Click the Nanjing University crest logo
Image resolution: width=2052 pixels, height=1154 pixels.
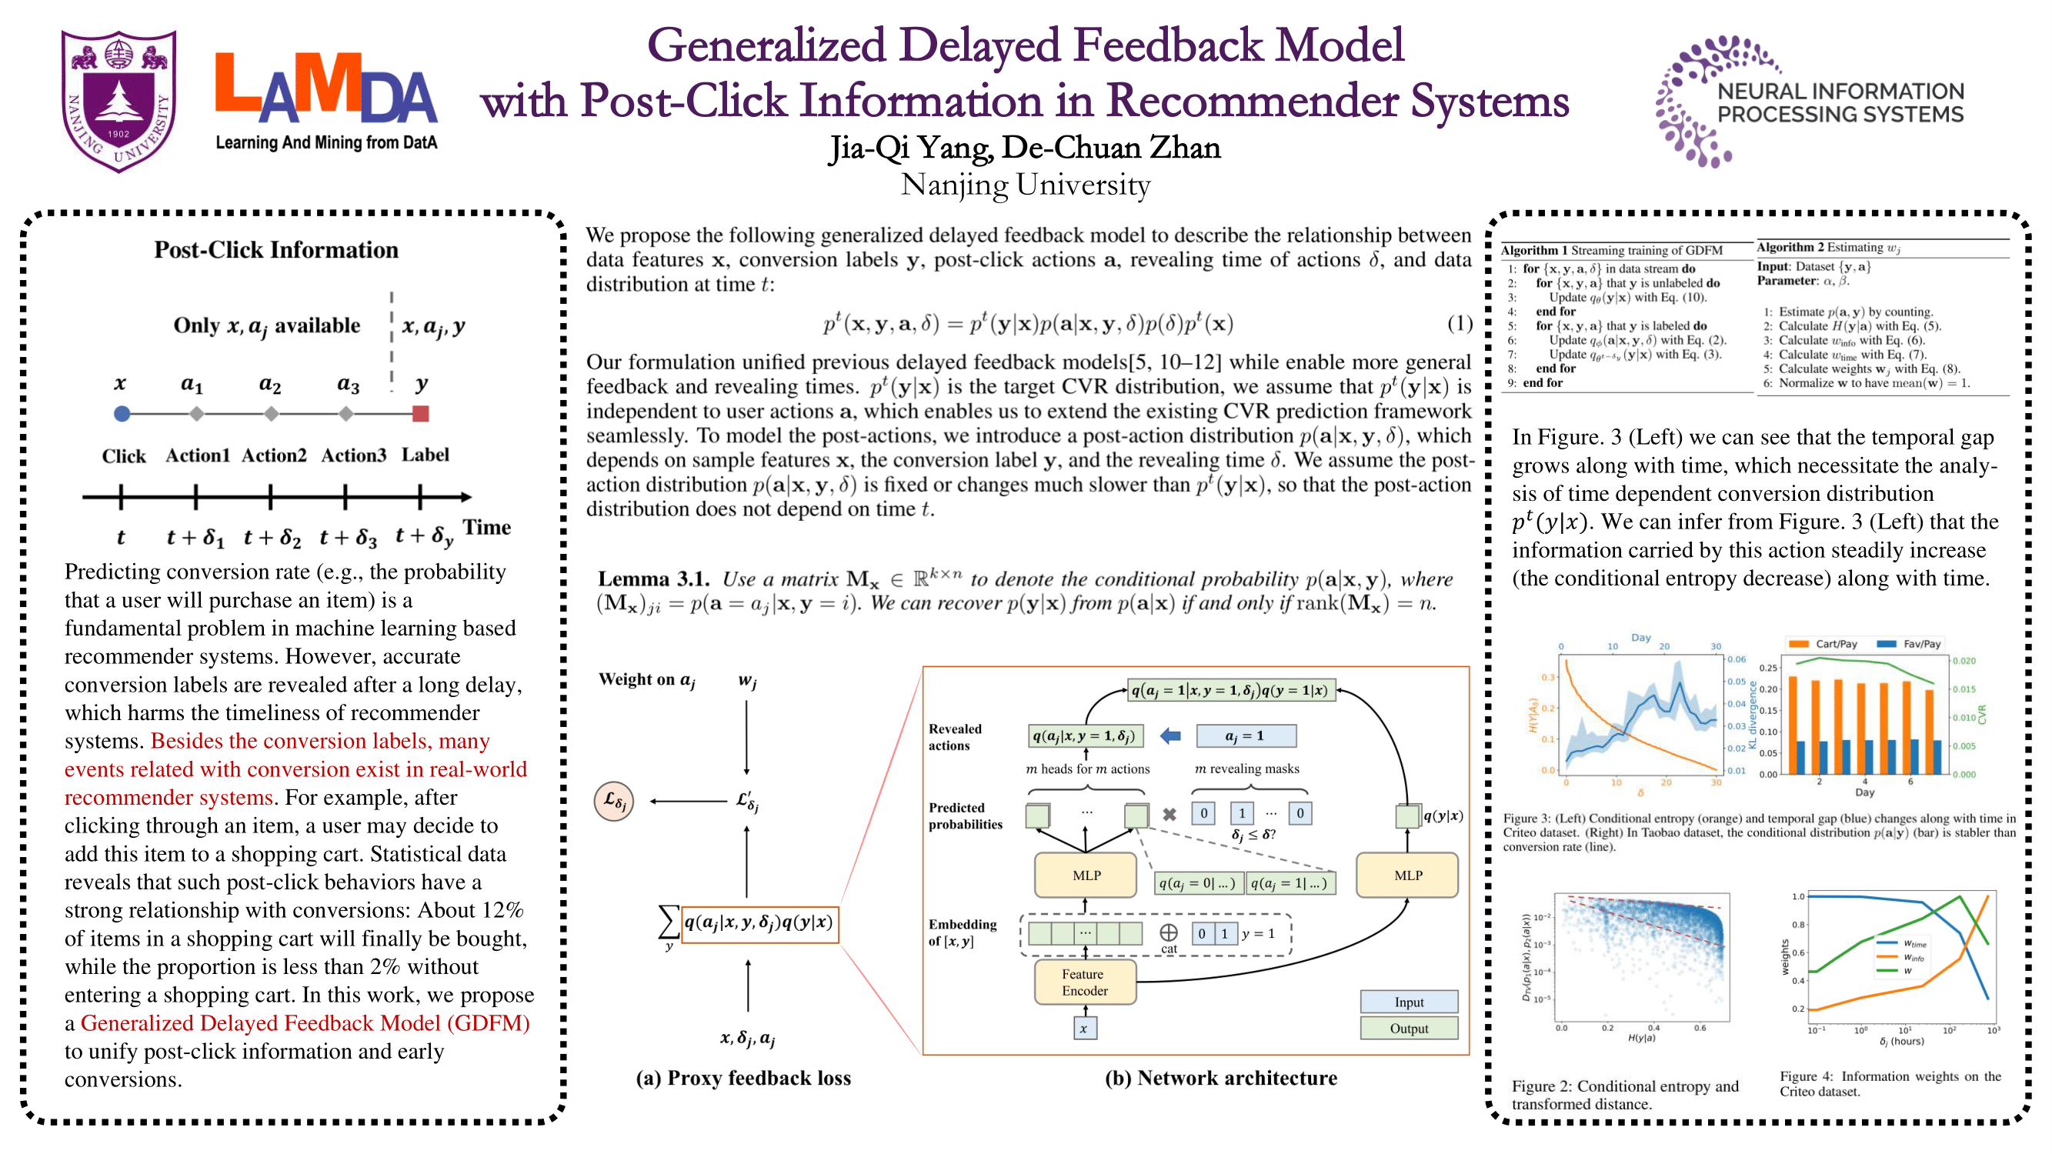pyautogui.click(x=119, y=100)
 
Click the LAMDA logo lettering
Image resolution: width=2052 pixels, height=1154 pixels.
pyautogui.click(x=325, y=89)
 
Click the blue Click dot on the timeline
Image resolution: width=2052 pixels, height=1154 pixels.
pyautogui.click(x=122, y=413)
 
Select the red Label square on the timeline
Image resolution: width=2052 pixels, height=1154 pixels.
pyautogui.click(x=421, y=413)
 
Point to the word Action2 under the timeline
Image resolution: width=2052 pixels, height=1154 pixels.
pyautogui.click(x=273, y=455)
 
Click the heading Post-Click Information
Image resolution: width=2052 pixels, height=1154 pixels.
pyautogui.click(x=275, y=250)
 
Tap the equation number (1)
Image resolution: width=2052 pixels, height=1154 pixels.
pyautogui.click(x=1459, y=323)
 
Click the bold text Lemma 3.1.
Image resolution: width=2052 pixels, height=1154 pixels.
pyautogui.click(x=652, y=579)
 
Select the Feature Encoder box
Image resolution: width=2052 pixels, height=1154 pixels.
pyautogui.click(x=1084, y=982)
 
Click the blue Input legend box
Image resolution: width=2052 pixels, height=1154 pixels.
pyautogui.click(x=1408, y=1002)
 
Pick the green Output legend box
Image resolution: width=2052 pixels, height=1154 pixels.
pyautogui.click(x=1408, y=1028)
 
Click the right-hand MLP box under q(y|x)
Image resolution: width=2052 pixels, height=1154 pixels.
pyautogui.click(x=1406, y=876)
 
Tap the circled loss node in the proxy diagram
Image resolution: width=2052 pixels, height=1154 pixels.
pyautogui.click(x=614, y=800)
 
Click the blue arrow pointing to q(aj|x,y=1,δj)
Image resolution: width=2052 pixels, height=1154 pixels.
pyautogui.click(x=1170, y=736)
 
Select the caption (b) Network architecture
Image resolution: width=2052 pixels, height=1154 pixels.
pyautogui.click(x=1220, y=1079)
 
